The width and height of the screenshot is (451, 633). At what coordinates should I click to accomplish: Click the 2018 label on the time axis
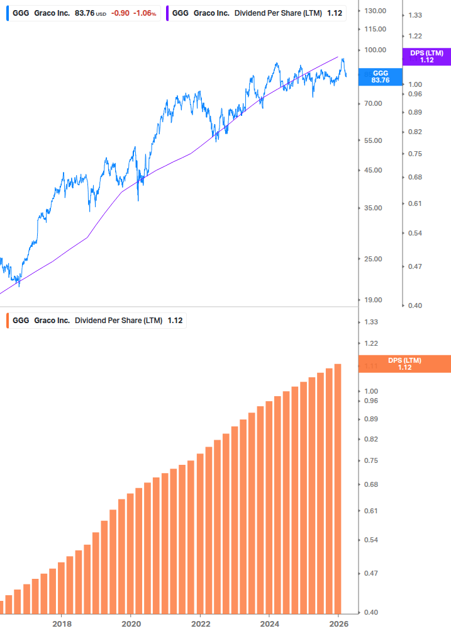click(61, 624)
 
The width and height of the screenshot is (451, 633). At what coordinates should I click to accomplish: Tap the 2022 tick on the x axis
click(199, 624)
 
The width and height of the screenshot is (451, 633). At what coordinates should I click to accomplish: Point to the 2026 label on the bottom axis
click(338, 624)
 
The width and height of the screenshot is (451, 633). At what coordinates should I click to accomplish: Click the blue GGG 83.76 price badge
click(380, 77)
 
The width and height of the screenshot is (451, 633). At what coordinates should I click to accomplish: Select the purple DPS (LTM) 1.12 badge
click(426, 57)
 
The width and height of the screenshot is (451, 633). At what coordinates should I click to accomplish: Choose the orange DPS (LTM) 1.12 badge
click(404, 364)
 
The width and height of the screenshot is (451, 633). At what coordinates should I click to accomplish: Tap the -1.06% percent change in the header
click(144, 13)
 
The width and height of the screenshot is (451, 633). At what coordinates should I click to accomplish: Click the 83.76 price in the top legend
click(84, 13)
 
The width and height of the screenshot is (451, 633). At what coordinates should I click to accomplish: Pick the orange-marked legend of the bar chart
click(97, 321)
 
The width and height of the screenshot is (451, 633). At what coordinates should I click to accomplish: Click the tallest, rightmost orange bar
click(338, 488)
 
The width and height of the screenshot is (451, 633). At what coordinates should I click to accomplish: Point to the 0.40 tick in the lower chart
click(371, 612)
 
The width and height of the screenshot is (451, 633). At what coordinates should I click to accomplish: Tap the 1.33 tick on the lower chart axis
click(371, 322)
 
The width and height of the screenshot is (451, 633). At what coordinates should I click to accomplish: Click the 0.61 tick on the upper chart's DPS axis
click(414, 203)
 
